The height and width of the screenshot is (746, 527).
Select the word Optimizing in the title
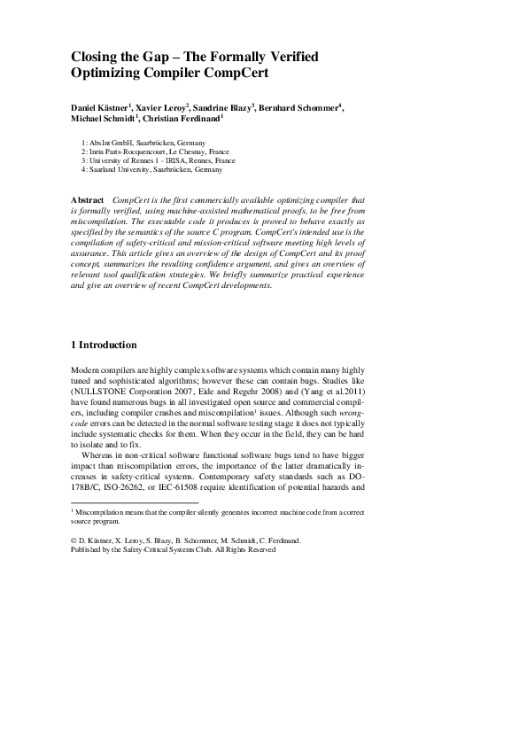pos(108,74)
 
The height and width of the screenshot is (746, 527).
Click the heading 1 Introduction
pos(104,344)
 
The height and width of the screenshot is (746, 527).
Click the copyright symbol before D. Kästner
pos(74,540)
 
